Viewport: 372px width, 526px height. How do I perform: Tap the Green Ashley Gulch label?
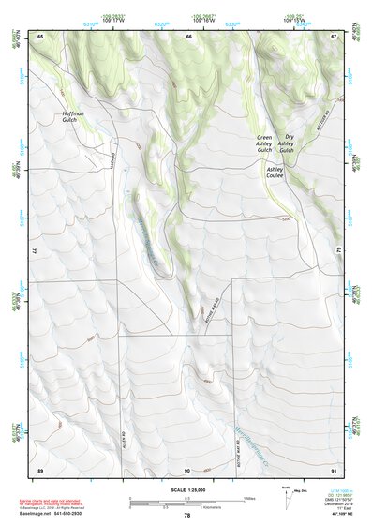(264, 143)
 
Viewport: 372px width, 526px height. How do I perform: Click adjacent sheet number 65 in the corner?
(41, 36)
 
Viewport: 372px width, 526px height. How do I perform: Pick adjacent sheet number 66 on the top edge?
(188, 36)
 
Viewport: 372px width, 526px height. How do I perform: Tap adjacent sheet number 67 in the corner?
(335, 36)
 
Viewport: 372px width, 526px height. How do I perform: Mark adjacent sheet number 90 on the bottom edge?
(187, 469)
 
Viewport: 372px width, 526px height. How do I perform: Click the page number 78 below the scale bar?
(187, 515)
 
